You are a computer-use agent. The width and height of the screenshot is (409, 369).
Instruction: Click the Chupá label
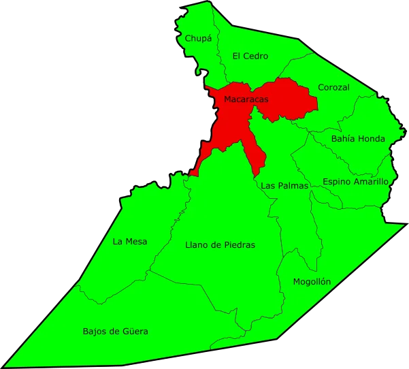[x=197, y=39]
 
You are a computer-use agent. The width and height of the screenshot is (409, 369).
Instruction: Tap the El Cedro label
[x=250, y=56]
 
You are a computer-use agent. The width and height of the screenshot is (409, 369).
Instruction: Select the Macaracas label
[x=246, y=99]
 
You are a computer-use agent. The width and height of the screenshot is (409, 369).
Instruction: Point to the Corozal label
[x=333, y=88]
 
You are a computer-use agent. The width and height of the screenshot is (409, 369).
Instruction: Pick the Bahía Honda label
[x=358, y=139]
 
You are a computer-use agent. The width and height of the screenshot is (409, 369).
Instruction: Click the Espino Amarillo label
[x=355, y=182]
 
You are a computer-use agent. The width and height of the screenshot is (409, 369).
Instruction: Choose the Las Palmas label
[x=284, y=185]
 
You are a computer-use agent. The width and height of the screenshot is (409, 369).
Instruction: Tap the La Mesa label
[x=130, y=241]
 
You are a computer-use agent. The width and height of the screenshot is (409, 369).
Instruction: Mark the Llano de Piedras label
[x=220, y=244]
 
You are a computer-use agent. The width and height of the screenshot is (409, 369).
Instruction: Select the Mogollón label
[x=312, y=281]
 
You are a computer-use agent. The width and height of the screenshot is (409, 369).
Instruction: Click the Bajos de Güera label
[x=115, y=332]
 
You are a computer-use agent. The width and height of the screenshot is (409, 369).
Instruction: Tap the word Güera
[x=135, y=332]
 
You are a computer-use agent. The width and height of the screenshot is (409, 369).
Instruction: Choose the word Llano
[x=196, y=244]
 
